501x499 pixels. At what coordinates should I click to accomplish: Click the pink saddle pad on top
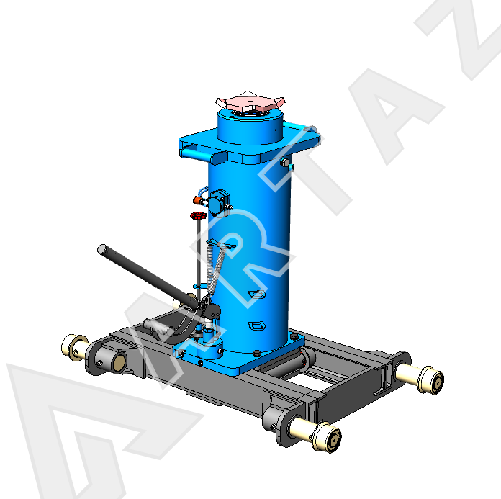[x=250, y=102]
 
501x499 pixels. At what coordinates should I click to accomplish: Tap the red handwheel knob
[x=198, y=215]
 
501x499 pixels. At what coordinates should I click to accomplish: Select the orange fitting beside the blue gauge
[x=198, y=200]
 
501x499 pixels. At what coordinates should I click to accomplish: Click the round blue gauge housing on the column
[x=218, y=202]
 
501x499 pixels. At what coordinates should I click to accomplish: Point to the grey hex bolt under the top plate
[x=284, y=163]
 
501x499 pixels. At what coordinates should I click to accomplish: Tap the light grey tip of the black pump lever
[x=102, y=249]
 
